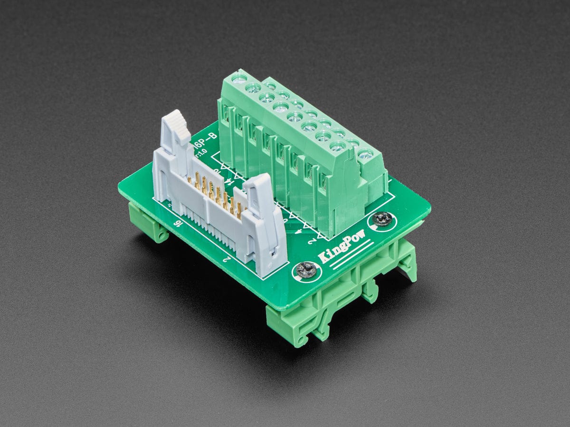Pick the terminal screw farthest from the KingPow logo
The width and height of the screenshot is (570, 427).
point(240,77)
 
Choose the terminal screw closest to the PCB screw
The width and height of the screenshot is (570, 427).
point(365,154)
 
